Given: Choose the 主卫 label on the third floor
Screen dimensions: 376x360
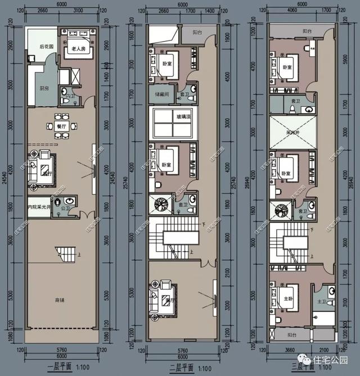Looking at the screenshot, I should [321, 302].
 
